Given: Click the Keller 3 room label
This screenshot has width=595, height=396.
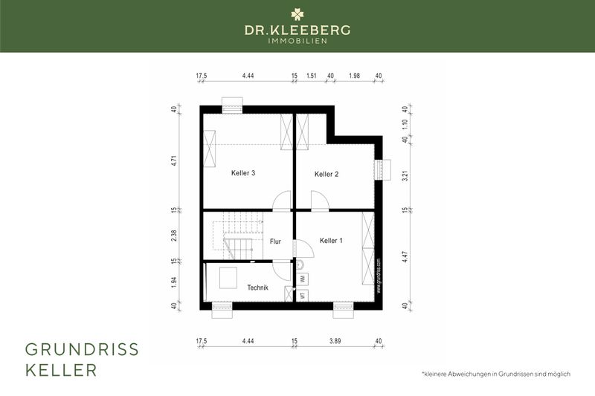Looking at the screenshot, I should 243,173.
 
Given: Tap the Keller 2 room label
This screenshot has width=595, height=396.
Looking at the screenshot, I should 327,174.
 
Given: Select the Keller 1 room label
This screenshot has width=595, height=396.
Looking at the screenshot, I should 332,240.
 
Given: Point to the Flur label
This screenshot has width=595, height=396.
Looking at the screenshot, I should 275,241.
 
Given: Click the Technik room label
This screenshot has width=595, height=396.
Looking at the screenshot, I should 258,287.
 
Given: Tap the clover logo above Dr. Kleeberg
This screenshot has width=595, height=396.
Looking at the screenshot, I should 297,14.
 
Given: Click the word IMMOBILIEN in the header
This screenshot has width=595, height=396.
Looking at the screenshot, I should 297,40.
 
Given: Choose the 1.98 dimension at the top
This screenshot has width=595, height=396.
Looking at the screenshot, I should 354,76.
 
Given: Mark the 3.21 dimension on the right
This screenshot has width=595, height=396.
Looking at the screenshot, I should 405,175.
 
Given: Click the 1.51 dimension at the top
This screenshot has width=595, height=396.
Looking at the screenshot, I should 312,76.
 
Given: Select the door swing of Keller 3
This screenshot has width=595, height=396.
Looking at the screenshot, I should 283,201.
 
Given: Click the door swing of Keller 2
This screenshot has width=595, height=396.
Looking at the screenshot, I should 320,201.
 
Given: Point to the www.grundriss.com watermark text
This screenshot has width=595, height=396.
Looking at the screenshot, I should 379,276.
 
